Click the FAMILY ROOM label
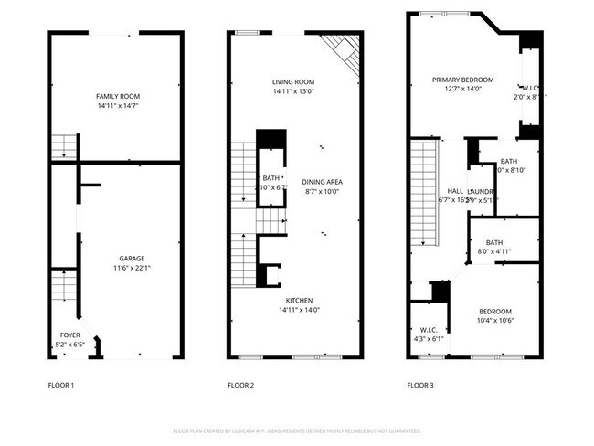117,96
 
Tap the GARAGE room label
132,259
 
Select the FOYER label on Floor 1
69,334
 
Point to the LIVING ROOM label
292,81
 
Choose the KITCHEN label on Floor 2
298,301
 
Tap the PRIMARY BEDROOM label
462,80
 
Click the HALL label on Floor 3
454,191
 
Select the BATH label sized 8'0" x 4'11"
494,242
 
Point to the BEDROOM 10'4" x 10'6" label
494,311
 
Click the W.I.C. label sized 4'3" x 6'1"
429,329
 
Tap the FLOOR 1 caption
61,386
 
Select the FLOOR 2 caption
240,386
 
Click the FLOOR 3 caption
419,386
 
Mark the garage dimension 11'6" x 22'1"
132,268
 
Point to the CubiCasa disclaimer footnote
297,430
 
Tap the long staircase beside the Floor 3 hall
423,192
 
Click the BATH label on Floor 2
271,178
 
